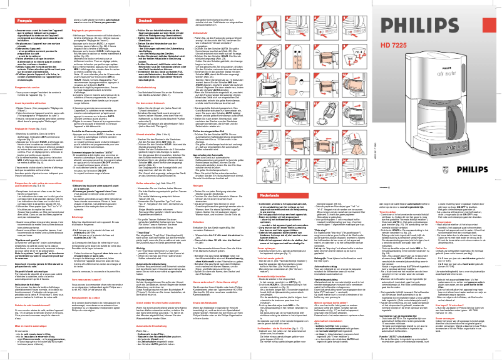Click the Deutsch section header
click(145, 21)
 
